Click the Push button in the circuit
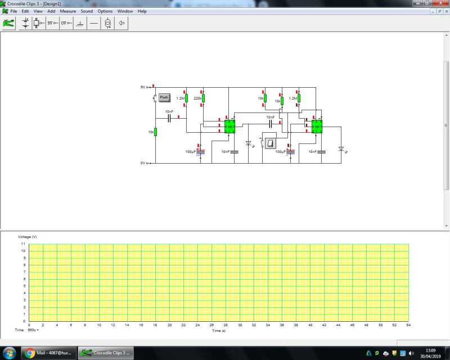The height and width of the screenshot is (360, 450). click(x=164, y=97)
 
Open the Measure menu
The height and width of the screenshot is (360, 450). click(x=68, y=11)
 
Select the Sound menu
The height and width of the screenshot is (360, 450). click(x=87, y=11)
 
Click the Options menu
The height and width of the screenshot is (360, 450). click(x=105, y=11)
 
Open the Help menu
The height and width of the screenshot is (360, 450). click(x=142, y=11)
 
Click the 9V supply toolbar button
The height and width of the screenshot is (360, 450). click(x=52, y=24)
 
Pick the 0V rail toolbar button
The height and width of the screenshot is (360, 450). click(x=66, y=24)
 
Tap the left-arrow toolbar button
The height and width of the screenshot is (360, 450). click(x=121, y=24)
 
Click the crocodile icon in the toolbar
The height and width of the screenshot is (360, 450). click(x=8, y=24)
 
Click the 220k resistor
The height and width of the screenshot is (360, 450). click(x=204, y=98)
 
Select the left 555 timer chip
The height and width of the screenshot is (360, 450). click(x=229, y=127)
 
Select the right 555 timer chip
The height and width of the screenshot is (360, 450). click(x=317, y=127)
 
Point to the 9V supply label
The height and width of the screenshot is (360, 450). click(x=143, y=88)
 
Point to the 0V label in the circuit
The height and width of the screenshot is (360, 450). click(x=143, y=163)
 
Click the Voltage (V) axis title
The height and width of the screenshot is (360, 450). click(x=28, y=237)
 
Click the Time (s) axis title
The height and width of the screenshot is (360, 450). click(x=219, y=331)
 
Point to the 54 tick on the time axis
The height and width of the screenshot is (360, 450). click(x=408, y=325)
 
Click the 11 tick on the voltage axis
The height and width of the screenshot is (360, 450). click(x=23, y=244)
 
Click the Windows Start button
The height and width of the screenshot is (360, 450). click(x=10, y=353)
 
